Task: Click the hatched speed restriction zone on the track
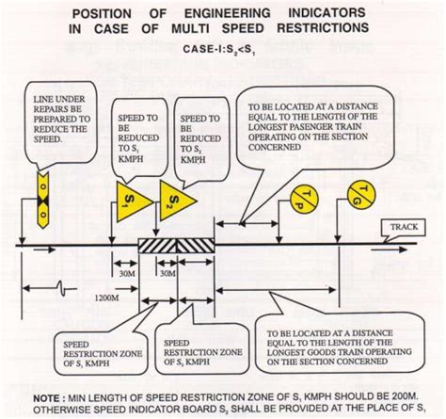click(x=177, y=243)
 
